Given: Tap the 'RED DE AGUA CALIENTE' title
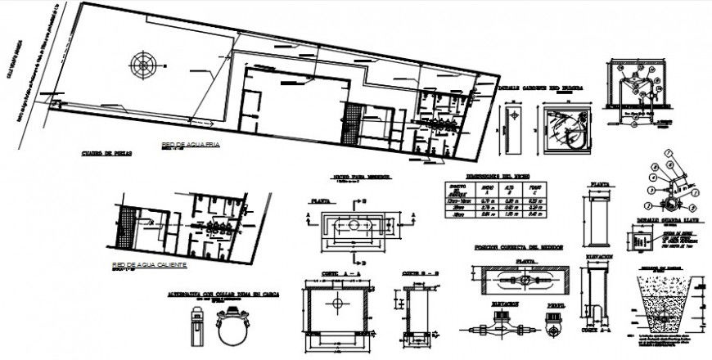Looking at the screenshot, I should [x=151, y=265].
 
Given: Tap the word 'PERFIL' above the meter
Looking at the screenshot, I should [x=557, y=304].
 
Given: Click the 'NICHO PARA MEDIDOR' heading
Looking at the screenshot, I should [x=362, y=177].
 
